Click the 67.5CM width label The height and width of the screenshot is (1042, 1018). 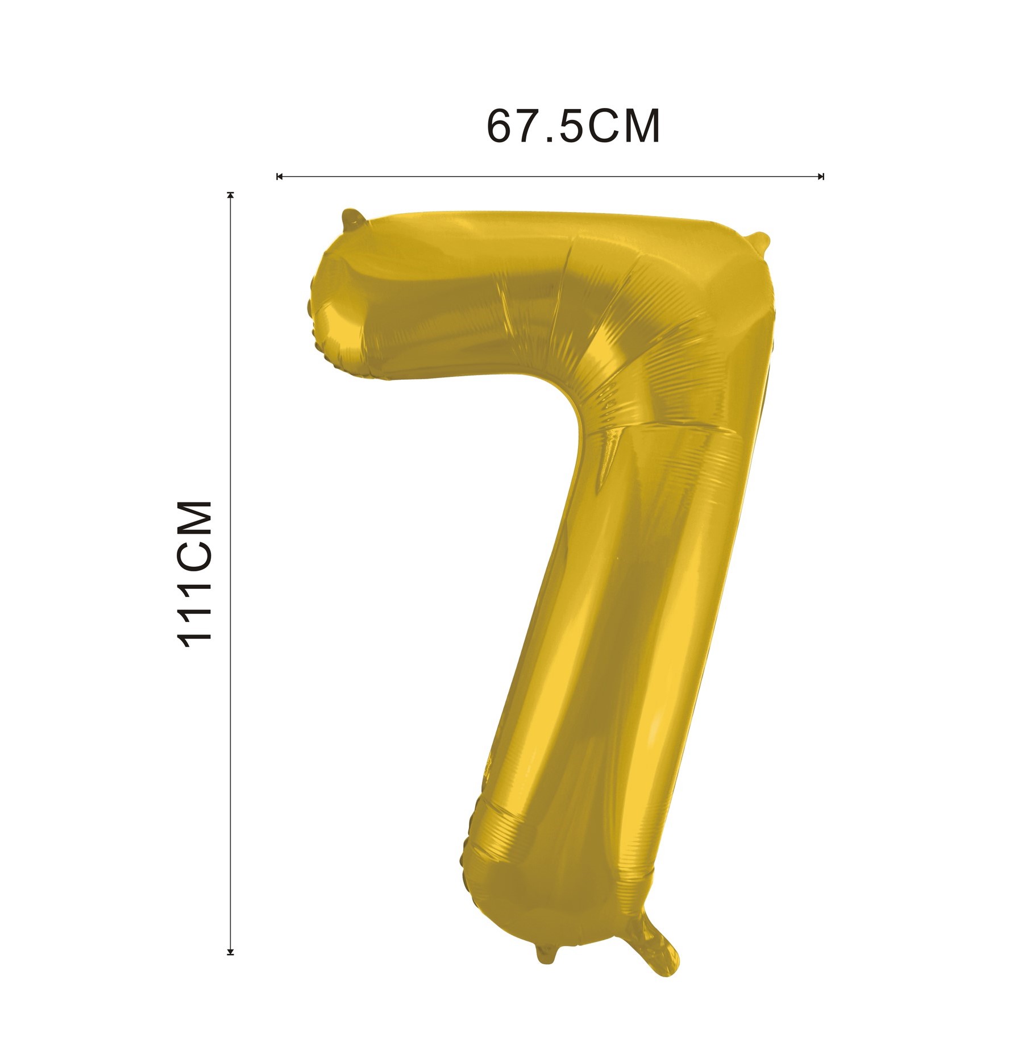(x=574, y=126)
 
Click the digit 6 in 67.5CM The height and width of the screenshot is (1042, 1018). (x=500, y=126)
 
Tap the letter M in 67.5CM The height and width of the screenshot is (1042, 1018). (x=642, y=126)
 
